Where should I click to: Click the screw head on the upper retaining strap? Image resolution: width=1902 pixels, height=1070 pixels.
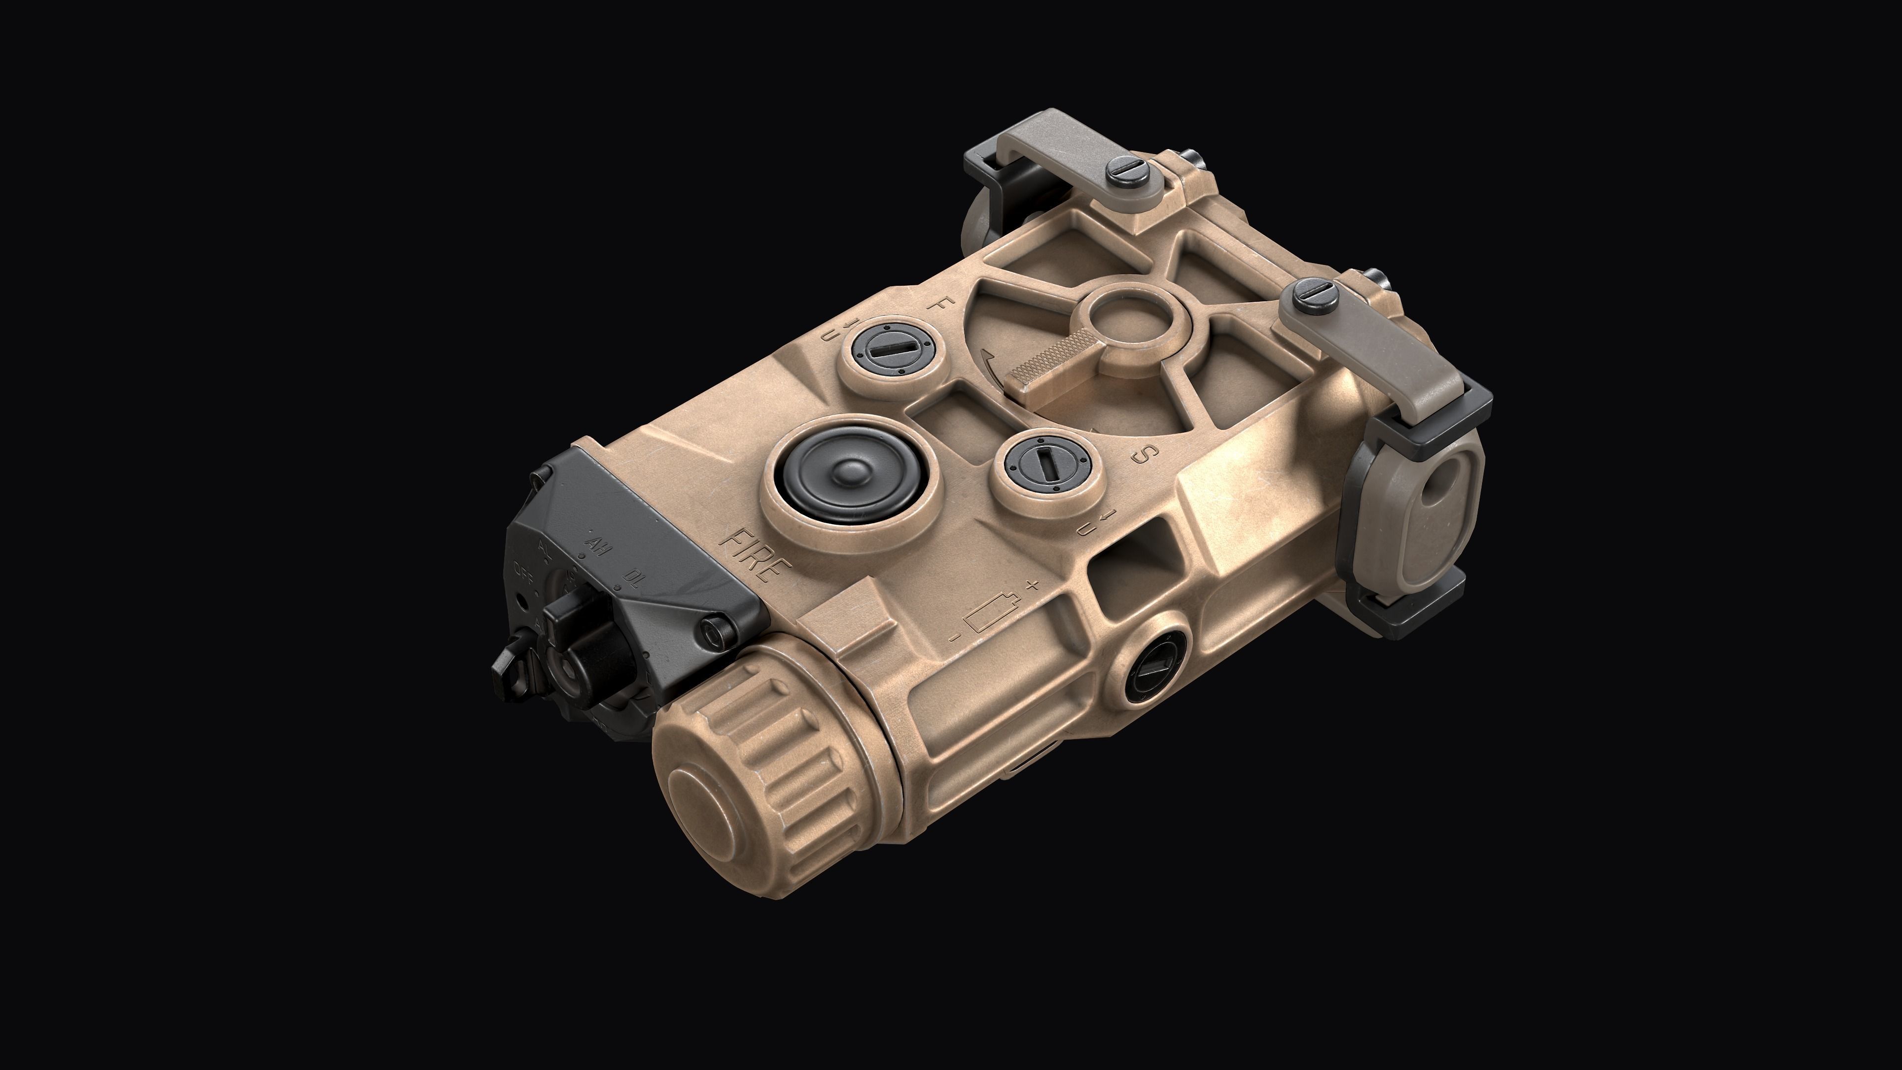[x=1127, y=174]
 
